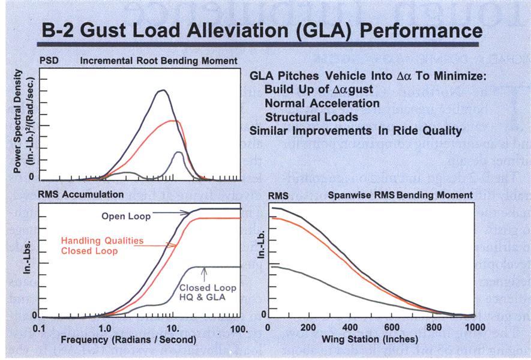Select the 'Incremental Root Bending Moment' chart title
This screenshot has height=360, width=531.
point(158,61)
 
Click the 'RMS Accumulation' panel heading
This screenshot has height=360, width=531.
point(81,194)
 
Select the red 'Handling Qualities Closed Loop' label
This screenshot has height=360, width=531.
point(102,245)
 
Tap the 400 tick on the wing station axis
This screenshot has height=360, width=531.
point(349,328)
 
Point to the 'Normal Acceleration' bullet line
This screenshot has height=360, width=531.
point(322,103)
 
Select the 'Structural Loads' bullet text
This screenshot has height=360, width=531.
point(311,117)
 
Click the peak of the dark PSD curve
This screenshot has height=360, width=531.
point(161,91)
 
